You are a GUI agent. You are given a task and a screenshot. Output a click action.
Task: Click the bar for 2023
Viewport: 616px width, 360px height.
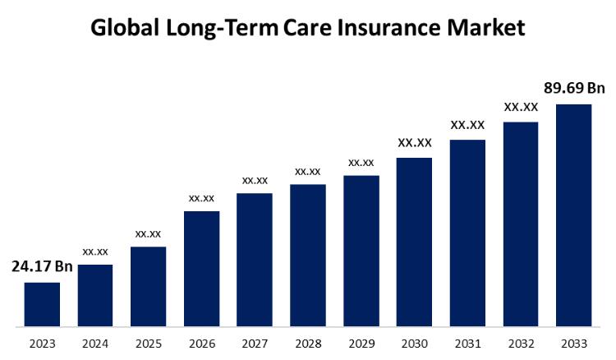tap(42, 305)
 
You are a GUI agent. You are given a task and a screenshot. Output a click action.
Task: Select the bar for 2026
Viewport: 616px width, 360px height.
tap(201, 270)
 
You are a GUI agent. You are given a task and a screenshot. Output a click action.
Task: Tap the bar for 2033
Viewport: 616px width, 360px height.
tap(573, 215)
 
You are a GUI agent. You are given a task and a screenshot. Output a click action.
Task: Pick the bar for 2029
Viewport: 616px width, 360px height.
tap(361, 252)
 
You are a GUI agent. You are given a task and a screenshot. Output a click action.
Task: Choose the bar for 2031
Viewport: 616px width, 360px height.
tap(467, 233)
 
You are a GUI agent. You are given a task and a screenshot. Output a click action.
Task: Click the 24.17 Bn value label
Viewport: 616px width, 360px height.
tap(42, 267)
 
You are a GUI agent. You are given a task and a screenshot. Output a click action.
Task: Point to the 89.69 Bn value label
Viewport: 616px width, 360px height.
tap(573, 88)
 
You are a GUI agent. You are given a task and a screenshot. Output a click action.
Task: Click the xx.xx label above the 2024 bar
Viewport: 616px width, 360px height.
tap(95, 251)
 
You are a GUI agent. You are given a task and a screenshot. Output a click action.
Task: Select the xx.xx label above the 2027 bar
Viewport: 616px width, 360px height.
tap(255, 179)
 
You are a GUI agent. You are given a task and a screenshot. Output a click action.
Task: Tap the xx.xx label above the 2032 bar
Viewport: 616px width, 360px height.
tap(521, 107)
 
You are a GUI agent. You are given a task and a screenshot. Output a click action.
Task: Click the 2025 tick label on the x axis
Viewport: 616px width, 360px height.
tap(148, 344)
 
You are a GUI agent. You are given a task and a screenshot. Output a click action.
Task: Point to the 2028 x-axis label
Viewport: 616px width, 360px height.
tap(308, 344)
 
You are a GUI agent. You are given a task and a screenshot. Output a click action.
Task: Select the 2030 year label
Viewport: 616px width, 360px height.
tap(414, 344)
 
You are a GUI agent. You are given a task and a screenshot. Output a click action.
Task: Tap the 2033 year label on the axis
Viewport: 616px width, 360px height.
tap(573, 344)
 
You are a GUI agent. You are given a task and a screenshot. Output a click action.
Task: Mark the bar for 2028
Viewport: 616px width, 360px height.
tap(308, 256)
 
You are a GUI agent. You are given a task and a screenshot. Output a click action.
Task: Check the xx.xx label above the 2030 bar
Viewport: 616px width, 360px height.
tap(414, 143)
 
